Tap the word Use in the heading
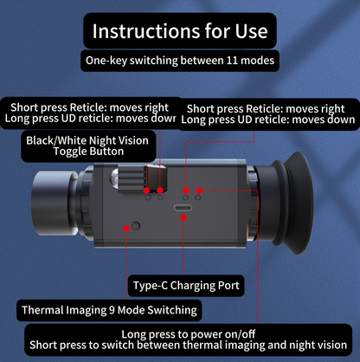coord(251,31)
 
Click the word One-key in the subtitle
coord(106,61)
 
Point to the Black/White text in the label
coord(55,140)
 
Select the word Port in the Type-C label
coord(228,286)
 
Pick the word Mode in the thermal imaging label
coord(131,310)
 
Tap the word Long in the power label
coord(132,335)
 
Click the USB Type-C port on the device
coord(183,208)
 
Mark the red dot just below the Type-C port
coord(183,217)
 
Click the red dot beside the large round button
coord(126,229)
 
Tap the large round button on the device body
coord(136,226)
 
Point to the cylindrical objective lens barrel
coord(55,203)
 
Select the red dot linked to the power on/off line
coord(199,191)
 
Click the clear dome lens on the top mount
coord(114,178)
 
